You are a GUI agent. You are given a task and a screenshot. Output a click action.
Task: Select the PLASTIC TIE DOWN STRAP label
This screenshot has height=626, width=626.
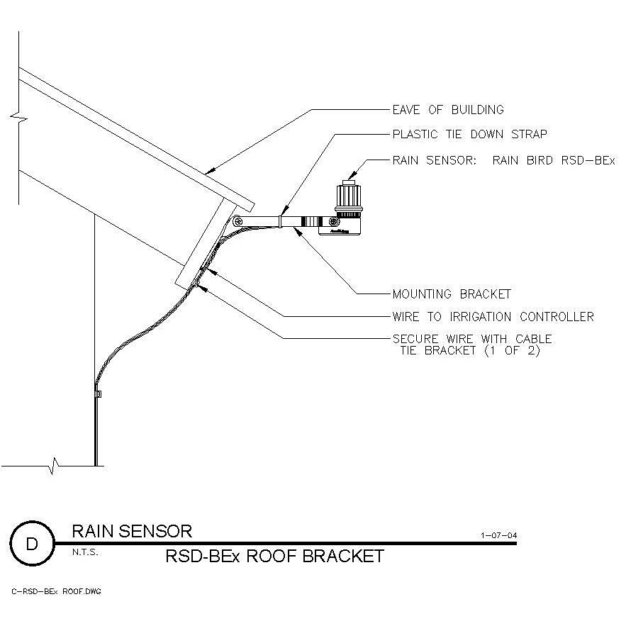[469, 134]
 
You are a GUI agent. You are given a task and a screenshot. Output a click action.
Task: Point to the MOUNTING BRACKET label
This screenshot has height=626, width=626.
[452, 294]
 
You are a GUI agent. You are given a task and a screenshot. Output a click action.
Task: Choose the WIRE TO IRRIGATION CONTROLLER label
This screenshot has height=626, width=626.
[493, 316]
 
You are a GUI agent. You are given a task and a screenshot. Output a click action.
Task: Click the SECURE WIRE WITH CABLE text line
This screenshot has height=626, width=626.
[471, 339]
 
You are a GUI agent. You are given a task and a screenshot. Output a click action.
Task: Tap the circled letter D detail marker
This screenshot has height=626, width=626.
[33, 544]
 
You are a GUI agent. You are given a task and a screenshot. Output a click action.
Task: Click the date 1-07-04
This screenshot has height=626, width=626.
[498, 536]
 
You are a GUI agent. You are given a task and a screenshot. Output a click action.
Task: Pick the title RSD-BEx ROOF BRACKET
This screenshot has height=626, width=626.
[274, 557]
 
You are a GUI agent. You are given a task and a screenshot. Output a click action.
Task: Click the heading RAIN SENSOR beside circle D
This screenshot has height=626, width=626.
[132, 531]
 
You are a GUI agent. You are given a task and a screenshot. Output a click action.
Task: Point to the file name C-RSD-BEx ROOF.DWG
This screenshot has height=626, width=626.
[56, 591]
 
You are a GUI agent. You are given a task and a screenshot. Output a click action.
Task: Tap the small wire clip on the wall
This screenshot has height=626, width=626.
[98, 392]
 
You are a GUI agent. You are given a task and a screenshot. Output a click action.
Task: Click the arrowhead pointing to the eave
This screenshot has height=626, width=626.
[206, 172]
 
